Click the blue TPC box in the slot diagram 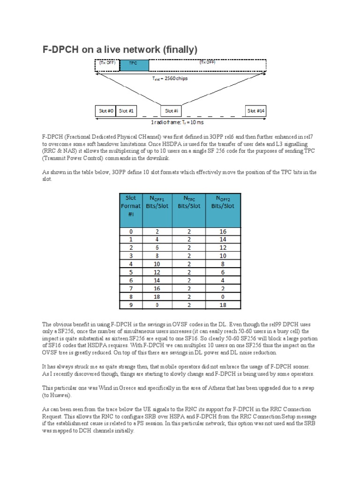pos(133,65)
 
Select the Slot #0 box pos(105,111)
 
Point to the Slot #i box pos(171,111)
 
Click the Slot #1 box pos(126,111)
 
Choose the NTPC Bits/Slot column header pos(189,202)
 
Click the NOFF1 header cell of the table pos(157,202)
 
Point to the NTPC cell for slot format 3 pos(189,256)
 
